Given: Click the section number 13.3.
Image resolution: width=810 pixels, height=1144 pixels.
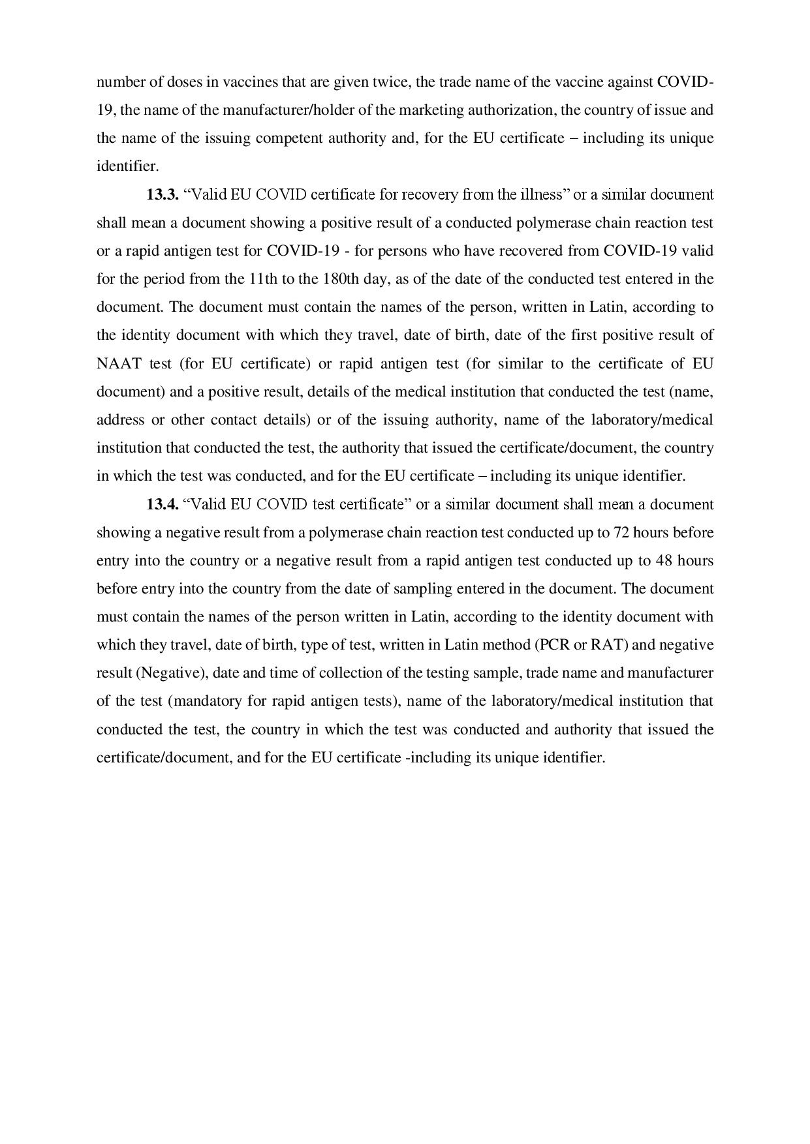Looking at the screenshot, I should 163,194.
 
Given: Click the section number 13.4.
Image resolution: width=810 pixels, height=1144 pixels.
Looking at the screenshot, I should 163,504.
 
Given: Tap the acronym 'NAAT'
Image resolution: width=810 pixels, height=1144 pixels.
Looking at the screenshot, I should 119,363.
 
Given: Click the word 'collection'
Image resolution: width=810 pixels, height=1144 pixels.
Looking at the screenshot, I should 322,673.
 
